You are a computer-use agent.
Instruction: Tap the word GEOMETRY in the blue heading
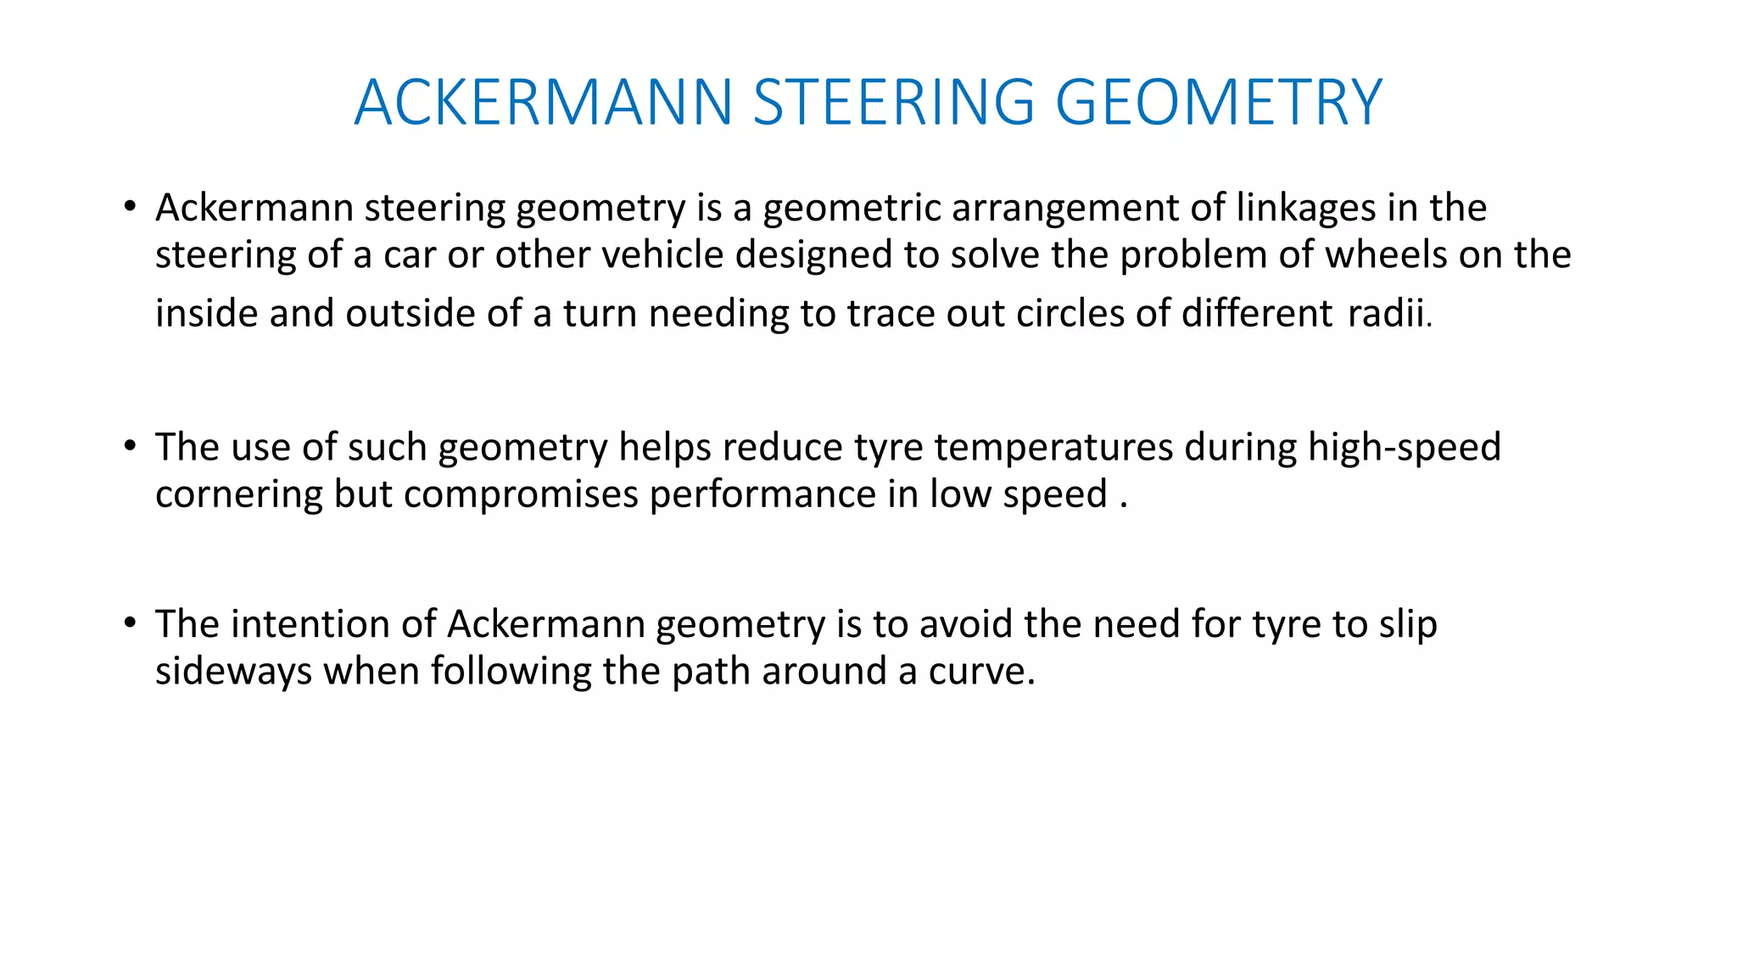(1219, 103)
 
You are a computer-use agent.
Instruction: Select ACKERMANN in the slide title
(544, 103)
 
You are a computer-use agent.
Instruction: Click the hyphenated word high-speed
(1404, 448)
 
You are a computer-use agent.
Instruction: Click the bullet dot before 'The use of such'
(129, 445)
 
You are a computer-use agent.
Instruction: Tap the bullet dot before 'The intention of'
(129, 623)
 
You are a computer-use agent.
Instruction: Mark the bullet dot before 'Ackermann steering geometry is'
(129, 206)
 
